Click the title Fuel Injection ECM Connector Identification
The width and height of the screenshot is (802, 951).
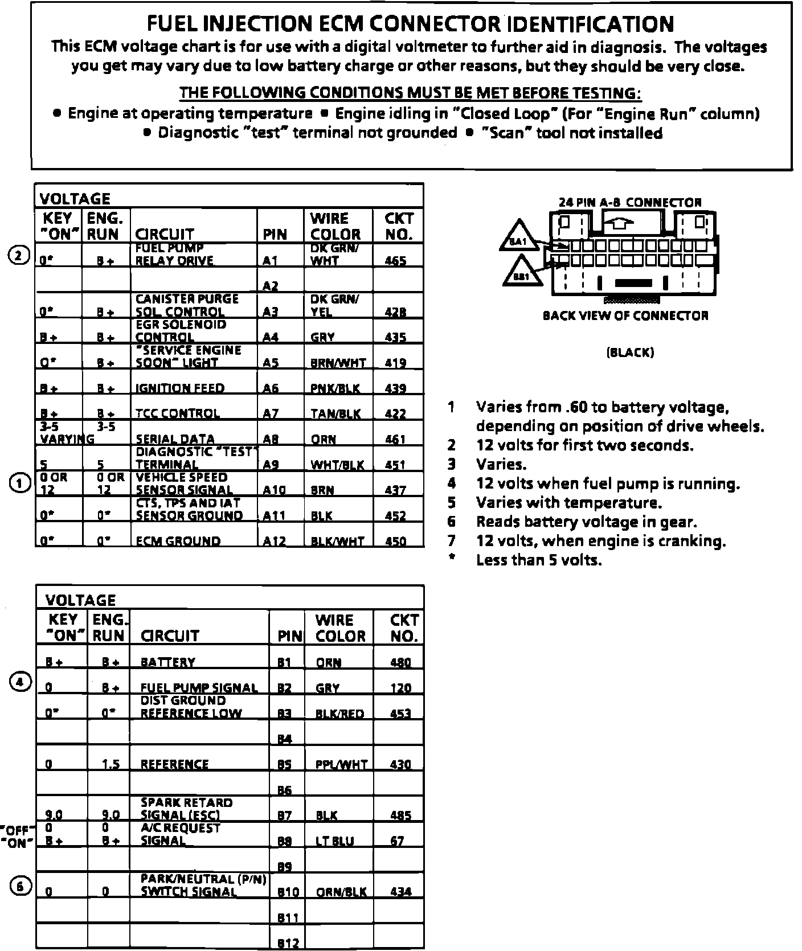[x=411, y=24]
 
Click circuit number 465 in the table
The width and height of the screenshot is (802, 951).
[x=395, y=261]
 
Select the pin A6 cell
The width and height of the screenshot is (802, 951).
[x=271, y=388]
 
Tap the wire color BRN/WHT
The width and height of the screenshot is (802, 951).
[x=338, y=363]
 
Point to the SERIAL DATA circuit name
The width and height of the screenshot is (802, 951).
[x=175, y=439]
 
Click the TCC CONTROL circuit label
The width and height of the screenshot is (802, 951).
[x=177, y=413]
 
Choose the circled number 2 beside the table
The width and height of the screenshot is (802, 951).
[x=18, y=256]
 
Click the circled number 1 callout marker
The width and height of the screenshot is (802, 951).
[x=19, y=484]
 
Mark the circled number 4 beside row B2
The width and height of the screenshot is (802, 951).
[x=19, y=682]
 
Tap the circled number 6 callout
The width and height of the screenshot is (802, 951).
[x=19, y=886]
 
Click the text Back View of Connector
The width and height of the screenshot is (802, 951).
[x=625, y=315]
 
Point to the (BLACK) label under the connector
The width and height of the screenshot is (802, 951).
[x=630, y=352]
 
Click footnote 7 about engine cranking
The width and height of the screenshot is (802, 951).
[x=600, y=541]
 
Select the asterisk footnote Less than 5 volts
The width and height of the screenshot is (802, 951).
[x=538, y=560]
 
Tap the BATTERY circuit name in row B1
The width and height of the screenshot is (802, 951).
[x=167, y=662]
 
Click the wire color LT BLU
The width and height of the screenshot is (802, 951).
[x=334, y=841]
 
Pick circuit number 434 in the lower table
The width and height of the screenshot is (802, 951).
[x=401, y=892]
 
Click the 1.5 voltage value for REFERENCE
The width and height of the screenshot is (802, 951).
[x=111, y=764]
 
